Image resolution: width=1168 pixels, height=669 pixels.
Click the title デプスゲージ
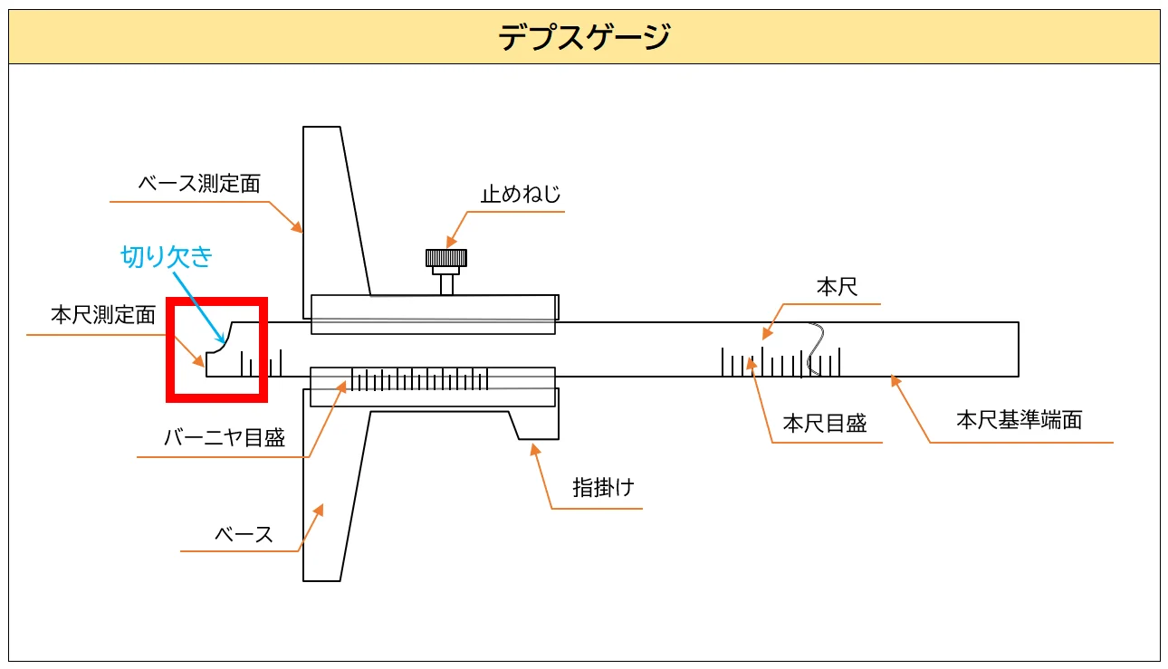pyautogui.click(x=584, y=38)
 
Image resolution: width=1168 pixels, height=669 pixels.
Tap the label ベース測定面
pyautogui.click(x=199, y=184)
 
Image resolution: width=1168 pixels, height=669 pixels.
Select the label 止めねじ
pyautogui.click(x=521, y=194)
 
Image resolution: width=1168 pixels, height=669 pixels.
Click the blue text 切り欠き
pyautogui.click(x=168, y=256)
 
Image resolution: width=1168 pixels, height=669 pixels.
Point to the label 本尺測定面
pyautogui.click(x=103, y=315)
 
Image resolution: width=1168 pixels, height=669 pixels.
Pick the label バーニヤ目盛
pyautogui.click(x=225, y=438)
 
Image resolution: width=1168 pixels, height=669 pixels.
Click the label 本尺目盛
pyautogui.click(x=825, y=424)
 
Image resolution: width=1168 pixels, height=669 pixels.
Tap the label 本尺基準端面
pyautogui.click(x=1020, y=419)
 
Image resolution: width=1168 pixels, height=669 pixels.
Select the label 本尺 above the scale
pyautogui.click(x=837, y=288)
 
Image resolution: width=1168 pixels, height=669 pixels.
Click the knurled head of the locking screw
pyautogui.click(x=446, y=258)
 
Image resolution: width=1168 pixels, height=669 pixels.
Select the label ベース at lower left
pyautogui.click(x=244, y=534)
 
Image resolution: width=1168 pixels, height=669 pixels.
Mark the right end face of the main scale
pyautogui.click(x=1018, y=349)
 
